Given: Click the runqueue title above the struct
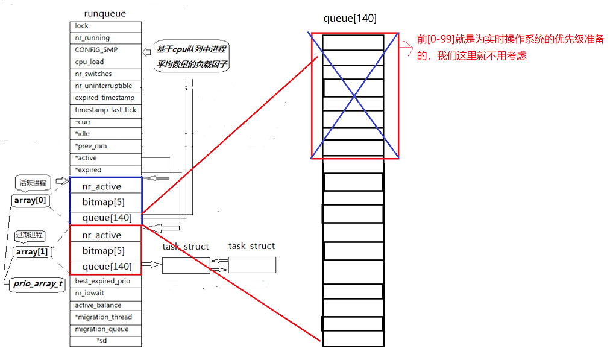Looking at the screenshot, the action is pyautogui.click(x=105, y=14).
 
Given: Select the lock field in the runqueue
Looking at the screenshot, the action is pyautogui.click(x=82, y=26).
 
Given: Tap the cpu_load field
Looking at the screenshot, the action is pyautogui.click(x=89, y=62).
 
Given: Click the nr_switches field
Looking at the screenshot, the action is pyautogui.click(x=93, y=74).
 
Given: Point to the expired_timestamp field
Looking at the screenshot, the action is pyautogui.click(x=105, y=98).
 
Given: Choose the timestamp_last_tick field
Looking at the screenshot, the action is pyautogui.click(x=105, y=110).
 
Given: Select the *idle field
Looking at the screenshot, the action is pyautogui.click(x=83, y=134).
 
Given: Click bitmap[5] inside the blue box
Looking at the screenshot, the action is pyautogui.click(x=103, y=202).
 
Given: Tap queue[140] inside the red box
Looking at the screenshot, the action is pyautogui.click(x=107, y=266).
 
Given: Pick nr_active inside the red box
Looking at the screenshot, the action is pyautogui.click(x=101, y=235).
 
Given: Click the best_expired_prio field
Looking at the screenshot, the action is pyautogui.click(x=102, y=281).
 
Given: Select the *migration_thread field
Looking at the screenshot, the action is pyautogui.click(x=104, y=317).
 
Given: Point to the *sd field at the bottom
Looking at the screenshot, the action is pyautogui.click(x=104, y=341).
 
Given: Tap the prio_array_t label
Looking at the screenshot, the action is pyautogui.click(x=37, y=284).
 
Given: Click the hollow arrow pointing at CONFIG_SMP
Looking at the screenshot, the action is pyautogui.click(x=146, y=52).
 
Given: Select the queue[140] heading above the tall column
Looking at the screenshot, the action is pyautogui.click(x=350, y=18).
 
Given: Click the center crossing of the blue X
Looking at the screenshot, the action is pyautogui.click(x=354, y=95).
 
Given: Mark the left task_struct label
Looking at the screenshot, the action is pyautogui.click(x=186, y=247).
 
